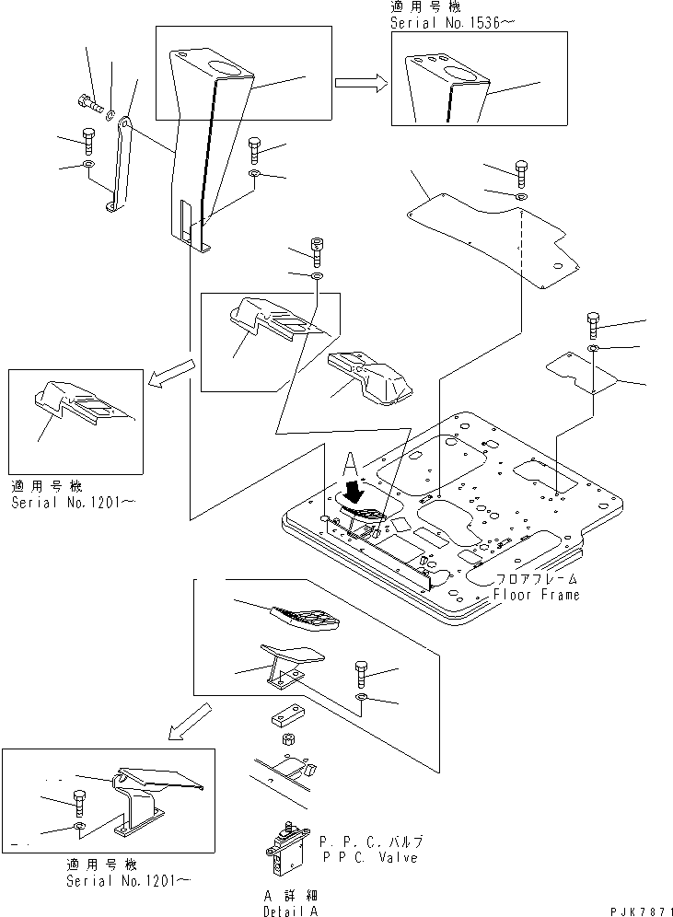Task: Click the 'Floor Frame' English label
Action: [536, 595]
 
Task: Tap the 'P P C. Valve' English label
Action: [369, 858]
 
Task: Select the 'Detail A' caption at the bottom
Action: [290, 911]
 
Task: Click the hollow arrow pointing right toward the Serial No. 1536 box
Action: [361, 83]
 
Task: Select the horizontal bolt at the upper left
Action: [88, 105]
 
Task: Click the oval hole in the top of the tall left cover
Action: [224, 68]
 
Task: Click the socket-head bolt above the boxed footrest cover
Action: [318, 251]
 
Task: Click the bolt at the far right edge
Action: [593, 326]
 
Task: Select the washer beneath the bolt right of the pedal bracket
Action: [363, 696]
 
